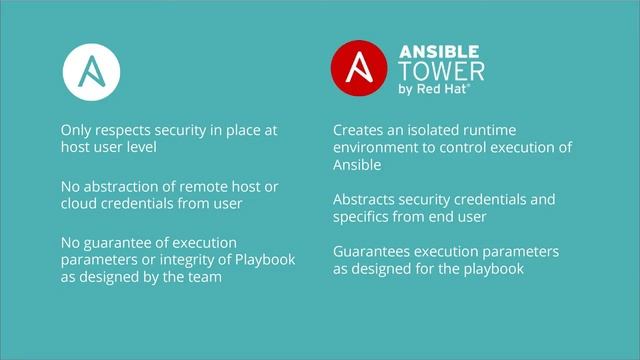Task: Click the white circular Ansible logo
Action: tap(91, 70)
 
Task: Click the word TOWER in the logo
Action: tap(442, 72)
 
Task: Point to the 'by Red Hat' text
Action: tap(435, 90)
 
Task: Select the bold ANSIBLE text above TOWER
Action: tap(440, 51)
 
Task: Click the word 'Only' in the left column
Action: tap(76, 130)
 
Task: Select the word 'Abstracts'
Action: tap(366, 199)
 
